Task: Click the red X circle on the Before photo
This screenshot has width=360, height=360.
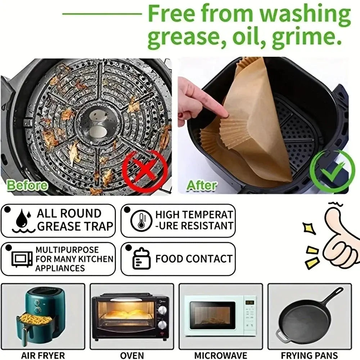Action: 145,169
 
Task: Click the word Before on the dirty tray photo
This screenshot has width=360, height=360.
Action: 27,185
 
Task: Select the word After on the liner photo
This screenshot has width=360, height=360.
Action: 202,185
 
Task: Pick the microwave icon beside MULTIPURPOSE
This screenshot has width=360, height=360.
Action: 22,258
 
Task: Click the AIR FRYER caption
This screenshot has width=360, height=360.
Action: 43,355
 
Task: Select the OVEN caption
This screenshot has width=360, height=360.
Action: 132,355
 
